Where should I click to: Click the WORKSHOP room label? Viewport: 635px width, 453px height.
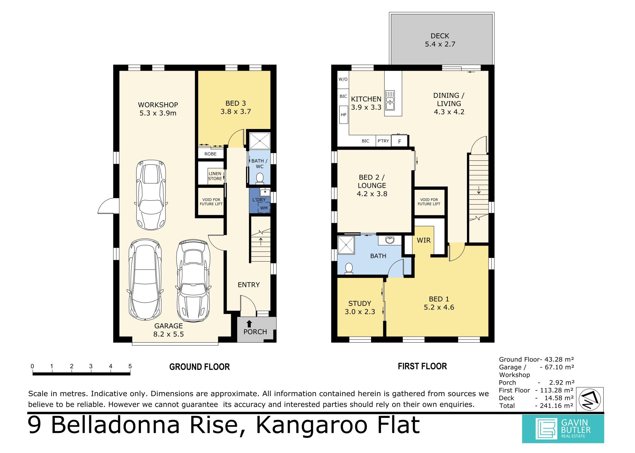pos(158,105)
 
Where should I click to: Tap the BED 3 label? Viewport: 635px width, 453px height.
pos(235,103)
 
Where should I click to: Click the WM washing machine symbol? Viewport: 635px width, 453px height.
pos(264,208)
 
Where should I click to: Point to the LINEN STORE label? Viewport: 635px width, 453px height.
pos(215,176)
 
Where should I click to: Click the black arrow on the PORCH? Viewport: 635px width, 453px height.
pos(249,324)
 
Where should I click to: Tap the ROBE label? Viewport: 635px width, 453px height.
pos(210,154)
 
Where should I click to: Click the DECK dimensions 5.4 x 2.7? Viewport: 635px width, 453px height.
pos(440,44)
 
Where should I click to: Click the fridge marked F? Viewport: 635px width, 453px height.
pos(400,141)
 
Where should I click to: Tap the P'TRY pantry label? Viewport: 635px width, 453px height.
pos(383,141)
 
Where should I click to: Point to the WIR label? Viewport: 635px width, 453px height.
pos(424,240)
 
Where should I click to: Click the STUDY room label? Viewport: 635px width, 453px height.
pos(360,303)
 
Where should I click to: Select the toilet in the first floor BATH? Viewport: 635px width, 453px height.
pos(348,268)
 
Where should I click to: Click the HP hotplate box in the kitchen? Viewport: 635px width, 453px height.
pos(344,114)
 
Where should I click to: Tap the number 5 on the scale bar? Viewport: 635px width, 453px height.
pos(130,366)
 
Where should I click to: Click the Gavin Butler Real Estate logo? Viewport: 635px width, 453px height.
pos(563,429)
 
